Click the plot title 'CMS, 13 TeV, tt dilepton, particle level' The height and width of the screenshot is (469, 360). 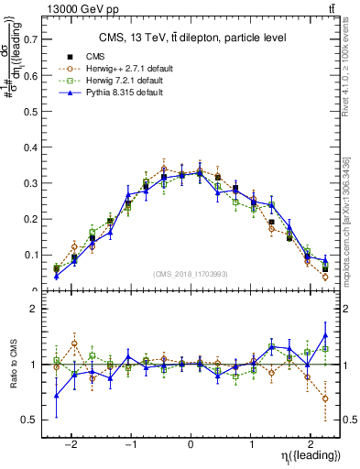[191, 38]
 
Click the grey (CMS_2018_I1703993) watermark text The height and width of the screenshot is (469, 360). [191, 275]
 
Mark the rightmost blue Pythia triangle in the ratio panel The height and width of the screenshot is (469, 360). [325, 334]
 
